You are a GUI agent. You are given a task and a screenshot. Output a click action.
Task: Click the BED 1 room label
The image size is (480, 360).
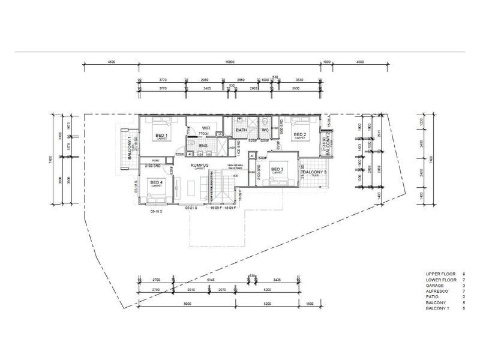click(160, 135)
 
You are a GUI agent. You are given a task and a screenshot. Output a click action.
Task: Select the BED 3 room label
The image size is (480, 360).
click(277, 170)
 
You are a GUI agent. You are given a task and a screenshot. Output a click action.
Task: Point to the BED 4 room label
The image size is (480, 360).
click(156, 182)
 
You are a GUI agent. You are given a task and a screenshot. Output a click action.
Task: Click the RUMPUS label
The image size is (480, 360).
click(199, 164)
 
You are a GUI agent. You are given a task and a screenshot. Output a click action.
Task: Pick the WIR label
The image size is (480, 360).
click(205, 128)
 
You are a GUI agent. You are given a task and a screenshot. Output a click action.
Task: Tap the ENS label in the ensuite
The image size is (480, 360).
click(203, 146)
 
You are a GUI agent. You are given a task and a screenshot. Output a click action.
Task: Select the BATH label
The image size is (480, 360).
click(241, 130)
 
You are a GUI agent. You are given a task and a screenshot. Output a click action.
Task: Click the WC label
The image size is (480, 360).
click(265, 130)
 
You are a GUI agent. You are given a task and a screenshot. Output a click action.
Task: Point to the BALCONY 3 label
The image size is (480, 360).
click(314, 173)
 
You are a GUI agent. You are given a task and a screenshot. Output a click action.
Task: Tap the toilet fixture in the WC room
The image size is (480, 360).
click(265, 120)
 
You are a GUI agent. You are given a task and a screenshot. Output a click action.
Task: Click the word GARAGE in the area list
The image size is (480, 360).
click(433, 286)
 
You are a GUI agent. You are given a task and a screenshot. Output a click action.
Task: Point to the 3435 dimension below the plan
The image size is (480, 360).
click(274, 280)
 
